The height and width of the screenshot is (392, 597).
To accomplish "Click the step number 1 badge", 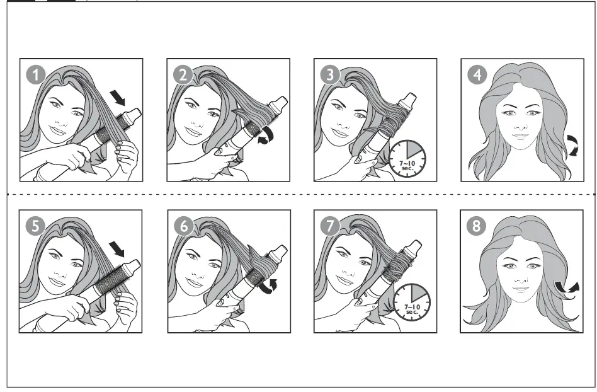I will (36, 75).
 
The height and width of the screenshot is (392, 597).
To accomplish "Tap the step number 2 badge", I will (183, 75).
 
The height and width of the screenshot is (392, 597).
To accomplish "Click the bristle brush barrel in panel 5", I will (108, 278).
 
